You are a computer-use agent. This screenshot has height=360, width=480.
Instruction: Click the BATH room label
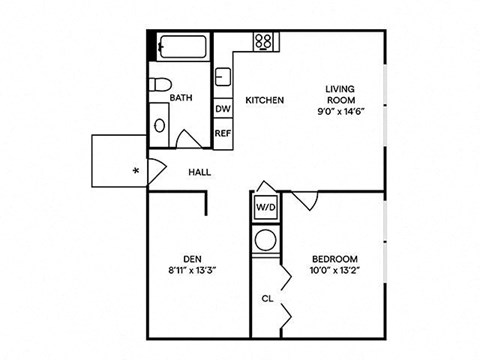[181, 98]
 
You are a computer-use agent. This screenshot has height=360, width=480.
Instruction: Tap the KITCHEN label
[265, 100]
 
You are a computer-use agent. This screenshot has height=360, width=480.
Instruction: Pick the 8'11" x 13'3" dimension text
[192, 267]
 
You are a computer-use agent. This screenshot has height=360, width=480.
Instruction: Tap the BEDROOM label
[334, 258]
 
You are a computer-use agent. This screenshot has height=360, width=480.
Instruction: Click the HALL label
[200, 172]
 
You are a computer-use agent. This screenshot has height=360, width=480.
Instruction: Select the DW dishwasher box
[223, 109]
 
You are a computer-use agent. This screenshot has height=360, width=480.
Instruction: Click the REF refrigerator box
[223, 133]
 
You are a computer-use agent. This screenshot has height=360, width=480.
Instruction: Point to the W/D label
[266, 209]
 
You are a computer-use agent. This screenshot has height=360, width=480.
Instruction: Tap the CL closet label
[268, 297]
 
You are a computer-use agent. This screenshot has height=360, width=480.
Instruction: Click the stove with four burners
[264, 42]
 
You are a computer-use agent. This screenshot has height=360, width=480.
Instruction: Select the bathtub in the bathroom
[180, 47]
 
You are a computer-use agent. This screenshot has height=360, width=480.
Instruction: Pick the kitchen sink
[223, 78]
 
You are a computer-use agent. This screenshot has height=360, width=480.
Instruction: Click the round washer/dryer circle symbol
[266, 240]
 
